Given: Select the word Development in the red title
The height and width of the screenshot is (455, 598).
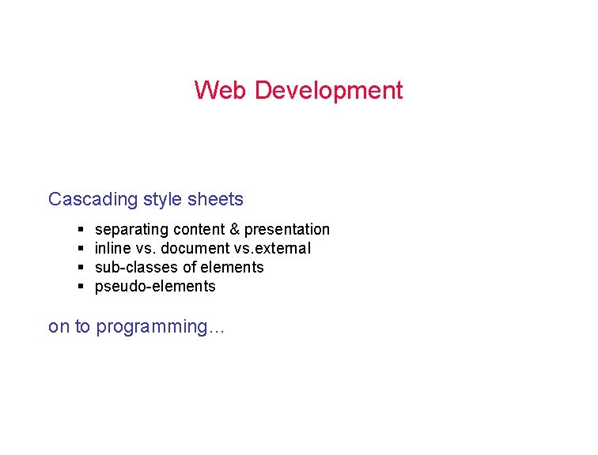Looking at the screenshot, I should pos(328,90).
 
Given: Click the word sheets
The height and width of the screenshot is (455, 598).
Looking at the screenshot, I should pos(215,199).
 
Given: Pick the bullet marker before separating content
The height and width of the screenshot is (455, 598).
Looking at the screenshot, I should pos(81,230).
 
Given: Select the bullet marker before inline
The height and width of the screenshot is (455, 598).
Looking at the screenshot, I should pos(81,249).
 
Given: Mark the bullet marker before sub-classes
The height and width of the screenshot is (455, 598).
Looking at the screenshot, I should pos(81,268).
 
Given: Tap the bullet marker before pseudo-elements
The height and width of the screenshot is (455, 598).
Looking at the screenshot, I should pos(81,287).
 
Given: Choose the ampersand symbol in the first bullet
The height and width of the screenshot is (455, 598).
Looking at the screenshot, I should pos(234,230).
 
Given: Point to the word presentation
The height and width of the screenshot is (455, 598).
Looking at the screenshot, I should pos(287,230).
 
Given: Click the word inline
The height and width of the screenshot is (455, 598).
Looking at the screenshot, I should pos(113,249).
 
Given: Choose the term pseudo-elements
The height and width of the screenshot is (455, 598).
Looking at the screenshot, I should pos(155,287).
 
